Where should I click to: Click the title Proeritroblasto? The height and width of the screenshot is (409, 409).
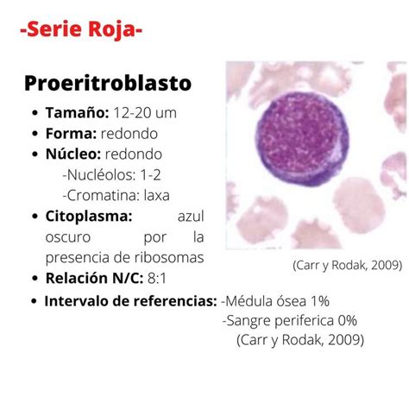(x=108, y=83)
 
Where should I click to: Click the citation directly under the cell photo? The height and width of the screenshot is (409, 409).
(x=346, y=265)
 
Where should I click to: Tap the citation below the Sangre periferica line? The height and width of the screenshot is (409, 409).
(x=299, y=340)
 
